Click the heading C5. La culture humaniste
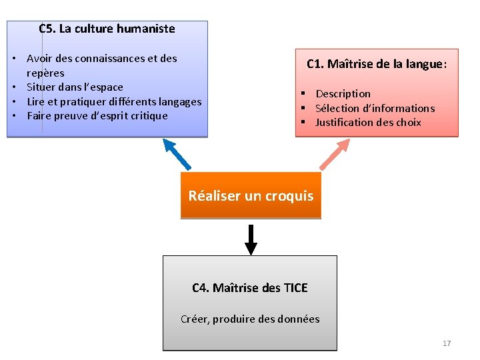(107, 29)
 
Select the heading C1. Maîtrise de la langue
(376, 65)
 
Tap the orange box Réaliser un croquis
(251, 196)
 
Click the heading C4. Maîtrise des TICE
(250, 288)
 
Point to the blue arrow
(177, 154)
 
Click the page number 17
(447, 343)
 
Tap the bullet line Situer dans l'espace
(75, 87)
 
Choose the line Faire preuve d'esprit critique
(97, 115)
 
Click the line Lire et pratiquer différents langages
(114, 101)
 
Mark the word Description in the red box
(343, 94)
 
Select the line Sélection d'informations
(375, 108)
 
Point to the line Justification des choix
(368, 122)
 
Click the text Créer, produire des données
(250, 319)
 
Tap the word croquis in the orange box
(289, 196)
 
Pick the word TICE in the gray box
(295, 288)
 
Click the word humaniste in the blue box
(145, 29)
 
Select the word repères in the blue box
(45, 73)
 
